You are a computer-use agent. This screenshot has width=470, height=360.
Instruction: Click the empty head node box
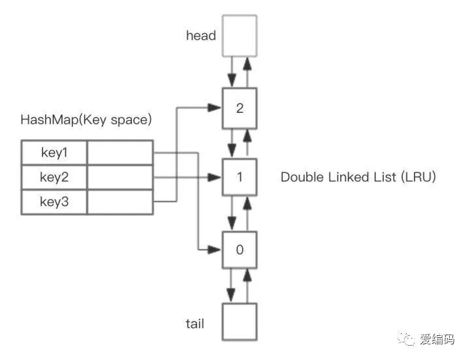pos(240,36)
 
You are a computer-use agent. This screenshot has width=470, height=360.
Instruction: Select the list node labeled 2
pos(240,108)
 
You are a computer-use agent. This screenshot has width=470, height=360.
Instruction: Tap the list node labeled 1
pos(240,177)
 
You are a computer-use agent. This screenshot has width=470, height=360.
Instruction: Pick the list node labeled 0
pos(240,249)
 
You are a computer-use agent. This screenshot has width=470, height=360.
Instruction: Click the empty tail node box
pos(240,321)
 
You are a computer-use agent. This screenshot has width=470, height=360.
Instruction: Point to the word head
pos(200,36)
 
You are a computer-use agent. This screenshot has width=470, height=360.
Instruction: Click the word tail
pos(194,323)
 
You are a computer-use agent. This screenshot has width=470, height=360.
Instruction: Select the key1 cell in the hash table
pos(54,153)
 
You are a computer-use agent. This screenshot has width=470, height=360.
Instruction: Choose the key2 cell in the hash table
pos(54,177)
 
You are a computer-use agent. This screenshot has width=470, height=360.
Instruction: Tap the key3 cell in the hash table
pos(54,202)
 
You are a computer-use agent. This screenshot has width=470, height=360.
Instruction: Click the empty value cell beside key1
pos(119,153)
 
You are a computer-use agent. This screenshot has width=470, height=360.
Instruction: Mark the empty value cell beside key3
pos(119,202)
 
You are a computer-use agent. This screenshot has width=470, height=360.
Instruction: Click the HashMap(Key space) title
pos(86,120)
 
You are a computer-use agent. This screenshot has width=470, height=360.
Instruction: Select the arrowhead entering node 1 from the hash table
pos(215,177)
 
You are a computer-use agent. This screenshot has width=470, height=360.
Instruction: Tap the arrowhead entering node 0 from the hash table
pos(215,249)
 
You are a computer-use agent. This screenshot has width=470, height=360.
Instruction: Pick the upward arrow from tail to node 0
pos(247,284)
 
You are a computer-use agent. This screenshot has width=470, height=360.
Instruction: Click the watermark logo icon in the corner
pos(408,339)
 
